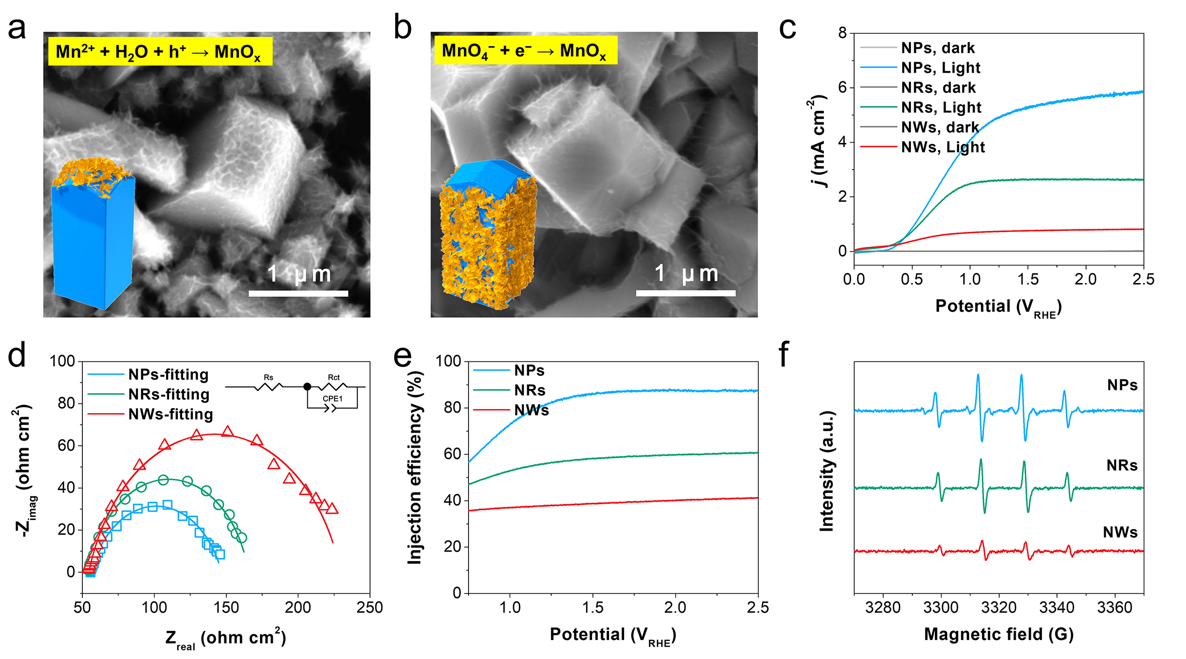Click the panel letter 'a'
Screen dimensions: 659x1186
[17, 28]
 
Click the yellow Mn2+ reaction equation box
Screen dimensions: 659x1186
[160, 51]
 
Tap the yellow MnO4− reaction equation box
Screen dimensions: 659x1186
[525, 50]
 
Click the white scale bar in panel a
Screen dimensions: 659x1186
[298, 293]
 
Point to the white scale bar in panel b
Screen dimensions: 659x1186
[685, 293]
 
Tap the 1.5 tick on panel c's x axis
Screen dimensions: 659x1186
[1028, 279]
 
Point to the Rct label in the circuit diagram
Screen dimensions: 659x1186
[333, 377]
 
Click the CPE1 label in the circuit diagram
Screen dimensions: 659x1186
[332, 399]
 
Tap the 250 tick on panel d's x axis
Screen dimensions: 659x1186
[370, 607]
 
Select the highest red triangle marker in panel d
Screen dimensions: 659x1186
[228, 432]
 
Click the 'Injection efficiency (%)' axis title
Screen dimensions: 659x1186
[415, 468]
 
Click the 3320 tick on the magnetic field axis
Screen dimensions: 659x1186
[999, 607]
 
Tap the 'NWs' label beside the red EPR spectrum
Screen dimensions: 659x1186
[1120, 532]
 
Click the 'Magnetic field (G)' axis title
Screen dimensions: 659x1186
[999, 634]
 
